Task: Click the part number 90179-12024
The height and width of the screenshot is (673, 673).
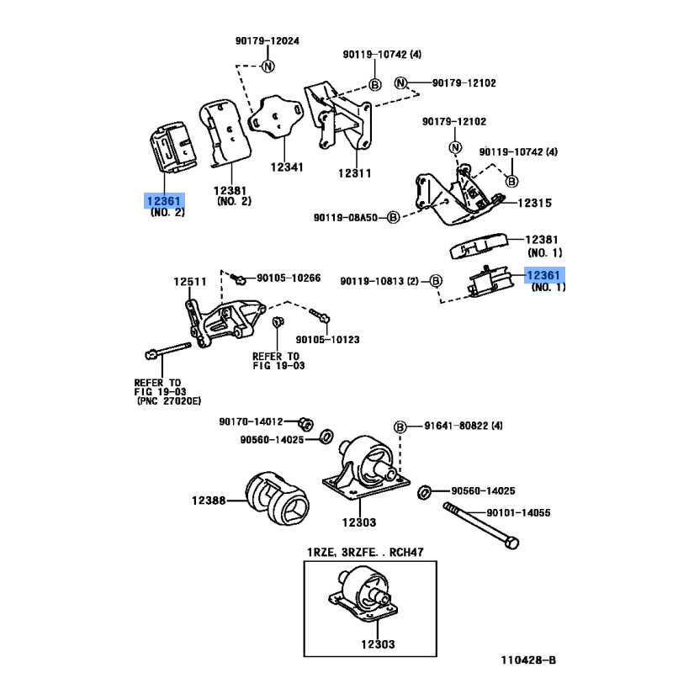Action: coord(268,40)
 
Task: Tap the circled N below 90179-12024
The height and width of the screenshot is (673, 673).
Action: coord(268,66)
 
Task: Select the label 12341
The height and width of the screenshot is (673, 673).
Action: coord(287,167)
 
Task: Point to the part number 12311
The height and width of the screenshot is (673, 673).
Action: coord(354,173)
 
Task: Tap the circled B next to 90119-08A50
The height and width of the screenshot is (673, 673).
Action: coord(393,217)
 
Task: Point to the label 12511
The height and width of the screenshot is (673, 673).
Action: coord(189,280)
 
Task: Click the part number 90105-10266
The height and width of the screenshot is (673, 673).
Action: coord(289,278)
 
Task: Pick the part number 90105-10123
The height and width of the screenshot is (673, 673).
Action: coord(327,340)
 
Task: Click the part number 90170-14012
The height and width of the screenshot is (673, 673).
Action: coord(251,421)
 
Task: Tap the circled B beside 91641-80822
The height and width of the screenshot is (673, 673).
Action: coord(400,427)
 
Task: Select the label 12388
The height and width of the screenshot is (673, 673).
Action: coord(209,501)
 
